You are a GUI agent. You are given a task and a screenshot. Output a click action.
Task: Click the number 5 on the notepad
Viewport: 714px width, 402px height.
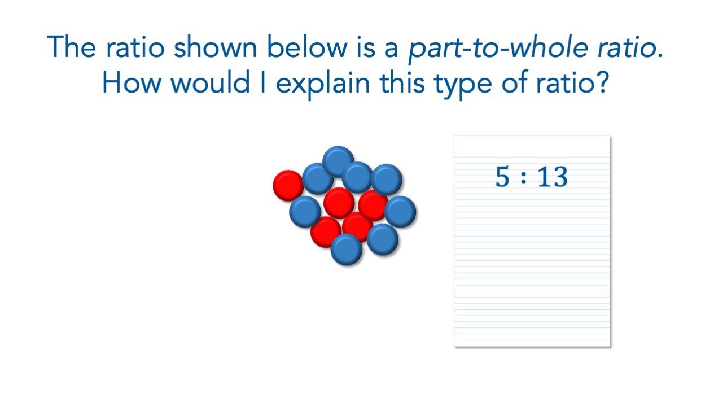pos(502,176)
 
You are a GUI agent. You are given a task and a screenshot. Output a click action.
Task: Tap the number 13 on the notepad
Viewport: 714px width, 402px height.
pos(553,176)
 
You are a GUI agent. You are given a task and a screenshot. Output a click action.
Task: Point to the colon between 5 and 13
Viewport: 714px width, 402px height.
pos(523,178)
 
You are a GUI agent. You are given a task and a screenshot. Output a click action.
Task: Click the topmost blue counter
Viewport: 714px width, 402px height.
pos(338,161)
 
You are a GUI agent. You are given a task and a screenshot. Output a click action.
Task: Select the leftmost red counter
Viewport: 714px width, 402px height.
pos(288,186)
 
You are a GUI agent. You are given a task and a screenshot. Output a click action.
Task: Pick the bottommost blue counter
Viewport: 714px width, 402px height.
pos(347,250)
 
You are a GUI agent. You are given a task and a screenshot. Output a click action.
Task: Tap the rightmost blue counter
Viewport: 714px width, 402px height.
pos(400,212)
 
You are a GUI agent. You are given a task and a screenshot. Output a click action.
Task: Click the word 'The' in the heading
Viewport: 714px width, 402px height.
pos(71,47)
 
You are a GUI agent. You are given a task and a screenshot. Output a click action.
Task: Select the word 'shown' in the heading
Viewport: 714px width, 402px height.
pos(215,47)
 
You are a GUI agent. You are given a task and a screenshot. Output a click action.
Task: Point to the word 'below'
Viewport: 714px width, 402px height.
pos(307,47)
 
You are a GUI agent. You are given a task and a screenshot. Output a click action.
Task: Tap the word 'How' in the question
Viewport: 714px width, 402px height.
pos(132,82)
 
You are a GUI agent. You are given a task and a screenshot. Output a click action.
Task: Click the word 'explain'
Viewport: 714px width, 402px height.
pos(323,84)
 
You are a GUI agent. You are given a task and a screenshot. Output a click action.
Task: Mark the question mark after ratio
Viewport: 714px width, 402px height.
pos(603,82)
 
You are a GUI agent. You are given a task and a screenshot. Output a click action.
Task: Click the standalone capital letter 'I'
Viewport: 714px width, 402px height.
pos(263,82)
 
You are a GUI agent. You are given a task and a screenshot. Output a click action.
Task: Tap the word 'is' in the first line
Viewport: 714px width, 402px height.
pos(366,48)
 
